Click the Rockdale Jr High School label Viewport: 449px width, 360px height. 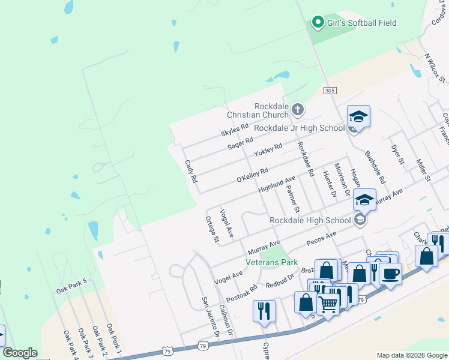[x=299, y=128]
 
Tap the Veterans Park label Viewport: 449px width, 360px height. [x=272, y=262]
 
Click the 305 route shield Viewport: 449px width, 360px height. [x=329, y=90]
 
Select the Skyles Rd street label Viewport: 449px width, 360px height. [x=234, y=130]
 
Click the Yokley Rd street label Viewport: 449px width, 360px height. [x=268, y=150]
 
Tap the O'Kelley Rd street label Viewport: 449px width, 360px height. [x=252, y=175]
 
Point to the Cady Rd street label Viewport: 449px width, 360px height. [x=190, y=171]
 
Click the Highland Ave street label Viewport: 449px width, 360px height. [x=277, y=184]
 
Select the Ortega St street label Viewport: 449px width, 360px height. [x=212, y=230]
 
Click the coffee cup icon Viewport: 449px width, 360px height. [x=391, y=274]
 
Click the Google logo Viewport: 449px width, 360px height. [x=20, y=353]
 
